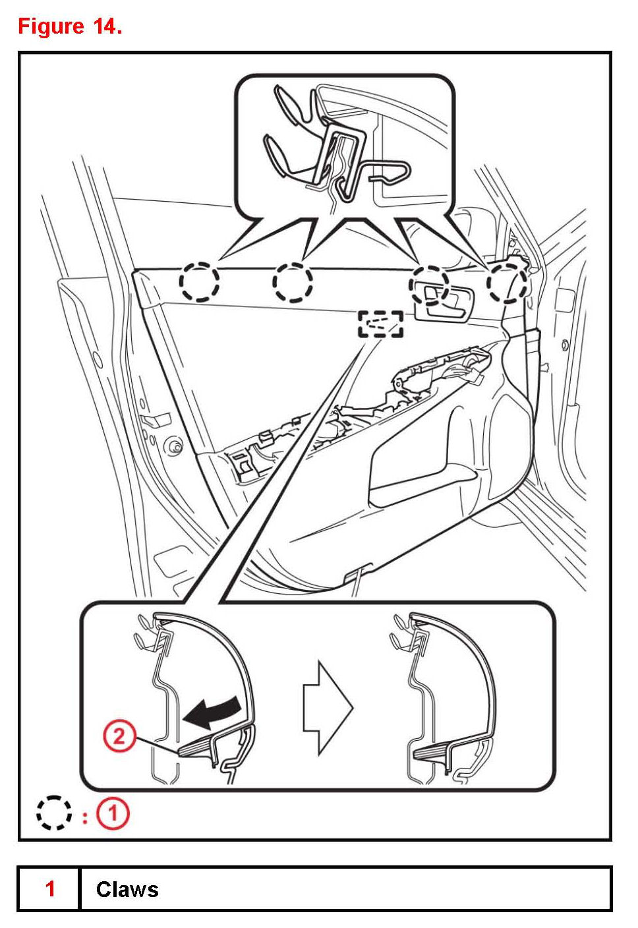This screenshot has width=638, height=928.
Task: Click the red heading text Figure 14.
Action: pos(70,26)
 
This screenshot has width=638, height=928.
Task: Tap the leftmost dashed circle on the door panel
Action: pos(199,282)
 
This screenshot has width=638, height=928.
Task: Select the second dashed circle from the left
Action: pos(293,282)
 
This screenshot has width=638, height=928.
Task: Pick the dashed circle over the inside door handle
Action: pos(429,285)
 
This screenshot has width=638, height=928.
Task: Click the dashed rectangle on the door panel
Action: pos(380,324)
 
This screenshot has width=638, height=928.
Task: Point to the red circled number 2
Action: pos(119,735)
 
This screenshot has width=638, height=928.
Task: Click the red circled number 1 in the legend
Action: pos(113,814)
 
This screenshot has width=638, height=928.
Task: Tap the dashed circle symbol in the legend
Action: pos(53,813)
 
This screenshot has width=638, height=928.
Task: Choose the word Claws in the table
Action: pos(127,890)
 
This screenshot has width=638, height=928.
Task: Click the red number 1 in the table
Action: pos(49,889)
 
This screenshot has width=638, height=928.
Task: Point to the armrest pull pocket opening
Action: pos(422,478)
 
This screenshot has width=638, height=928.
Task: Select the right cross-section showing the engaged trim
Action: pos(448,699)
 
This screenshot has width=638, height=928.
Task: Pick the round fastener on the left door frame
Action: pos(176,446)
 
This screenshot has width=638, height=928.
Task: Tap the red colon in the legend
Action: pos(85,817)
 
